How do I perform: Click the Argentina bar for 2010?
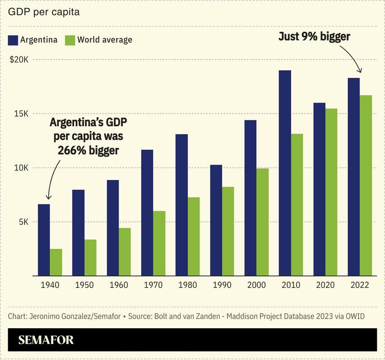pos(285,173)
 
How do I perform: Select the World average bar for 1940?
pos(56,262)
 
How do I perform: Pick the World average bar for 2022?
pos(366,185)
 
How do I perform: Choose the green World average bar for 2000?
pos(262,222)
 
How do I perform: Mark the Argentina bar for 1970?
pos(147,213)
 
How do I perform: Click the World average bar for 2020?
pos(331,192)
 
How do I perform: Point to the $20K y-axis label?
pos(19,60)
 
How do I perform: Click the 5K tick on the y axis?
pos(23,222)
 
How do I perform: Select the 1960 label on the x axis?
pos(119,285)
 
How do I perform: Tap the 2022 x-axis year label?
pos(359,285)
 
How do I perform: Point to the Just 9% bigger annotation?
pos(314,37)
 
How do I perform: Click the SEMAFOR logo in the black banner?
pos(46,340)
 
